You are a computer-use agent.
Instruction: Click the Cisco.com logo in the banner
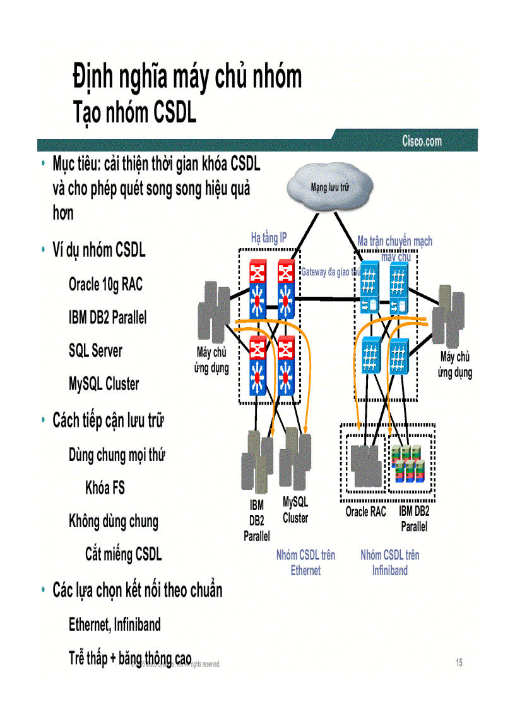pos(422,141)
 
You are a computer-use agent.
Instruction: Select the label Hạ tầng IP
pos(268,238)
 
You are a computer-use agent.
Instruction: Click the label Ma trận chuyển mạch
pos(394,241)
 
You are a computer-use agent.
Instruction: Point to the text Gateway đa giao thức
pos(330,272)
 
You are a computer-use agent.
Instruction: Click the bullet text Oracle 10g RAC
pos(105,285)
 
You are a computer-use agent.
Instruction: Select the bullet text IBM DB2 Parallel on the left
pos(107,318)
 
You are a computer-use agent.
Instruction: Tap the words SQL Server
pos(95,351)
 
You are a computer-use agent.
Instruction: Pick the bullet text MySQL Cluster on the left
pos(104,384)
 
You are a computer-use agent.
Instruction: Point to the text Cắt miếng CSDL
pos(123,554)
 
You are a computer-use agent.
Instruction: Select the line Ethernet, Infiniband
pos(114,625)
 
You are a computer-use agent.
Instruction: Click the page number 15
pos(459,662)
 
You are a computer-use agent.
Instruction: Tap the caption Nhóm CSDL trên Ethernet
pos(305,563)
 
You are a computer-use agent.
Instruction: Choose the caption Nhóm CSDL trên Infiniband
pos(389,563)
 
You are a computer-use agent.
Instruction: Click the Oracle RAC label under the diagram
pos(365,512)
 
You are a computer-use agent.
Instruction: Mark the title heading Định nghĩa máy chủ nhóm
pos(187,77)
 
